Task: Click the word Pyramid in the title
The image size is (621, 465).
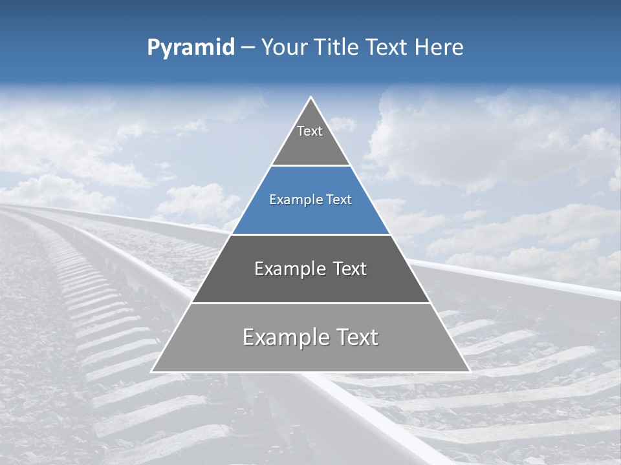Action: click(x=191, y=48)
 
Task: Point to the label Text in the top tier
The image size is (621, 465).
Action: click(x=310, y=131)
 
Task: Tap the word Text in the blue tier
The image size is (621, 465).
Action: click(x=338, y=200)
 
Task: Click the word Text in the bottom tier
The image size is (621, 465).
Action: click(x=355, y=337)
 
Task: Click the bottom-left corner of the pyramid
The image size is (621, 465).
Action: click(x=152, y=371)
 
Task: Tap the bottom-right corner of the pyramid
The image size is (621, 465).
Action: click(x=470, y=371)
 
